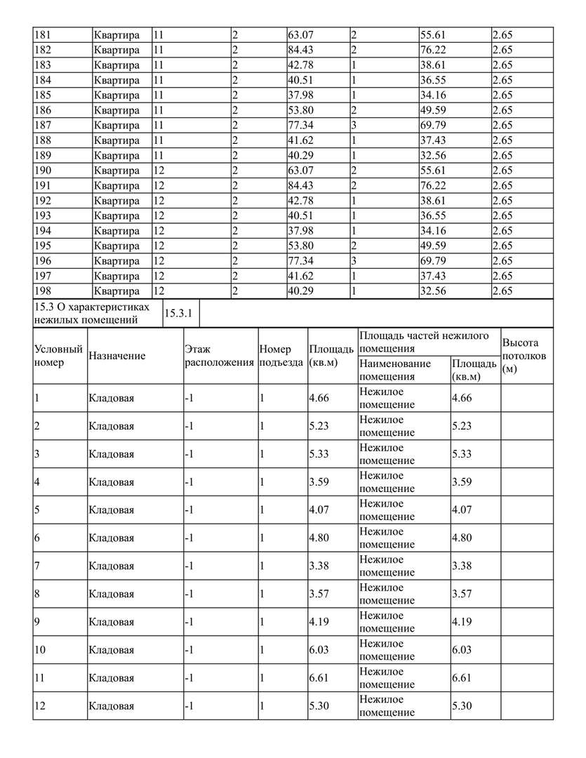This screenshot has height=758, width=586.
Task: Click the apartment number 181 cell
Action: pos(43,34)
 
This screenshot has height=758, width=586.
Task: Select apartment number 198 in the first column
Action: pos(43,291)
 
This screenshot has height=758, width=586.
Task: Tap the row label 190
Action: pos(43,171)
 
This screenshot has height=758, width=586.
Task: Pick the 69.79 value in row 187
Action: pos(433,125)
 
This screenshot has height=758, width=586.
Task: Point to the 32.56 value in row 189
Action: pos(433,155)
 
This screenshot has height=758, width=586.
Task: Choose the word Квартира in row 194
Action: pos(116,231)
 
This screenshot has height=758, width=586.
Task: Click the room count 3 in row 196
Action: pos(354,261)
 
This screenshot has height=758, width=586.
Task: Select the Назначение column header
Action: pos(117,356)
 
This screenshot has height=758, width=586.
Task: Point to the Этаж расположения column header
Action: pos(218,356)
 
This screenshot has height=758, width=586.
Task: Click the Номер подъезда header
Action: pos(281,356)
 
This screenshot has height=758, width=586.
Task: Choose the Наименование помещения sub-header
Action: pos(394,370)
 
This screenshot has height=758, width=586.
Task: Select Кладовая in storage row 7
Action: pos(112,566)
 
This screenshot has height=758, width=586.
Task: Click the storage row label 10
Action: pos(40,651)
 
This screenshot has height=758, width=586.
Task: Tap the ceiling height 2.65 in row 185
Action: pos(502,95)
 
